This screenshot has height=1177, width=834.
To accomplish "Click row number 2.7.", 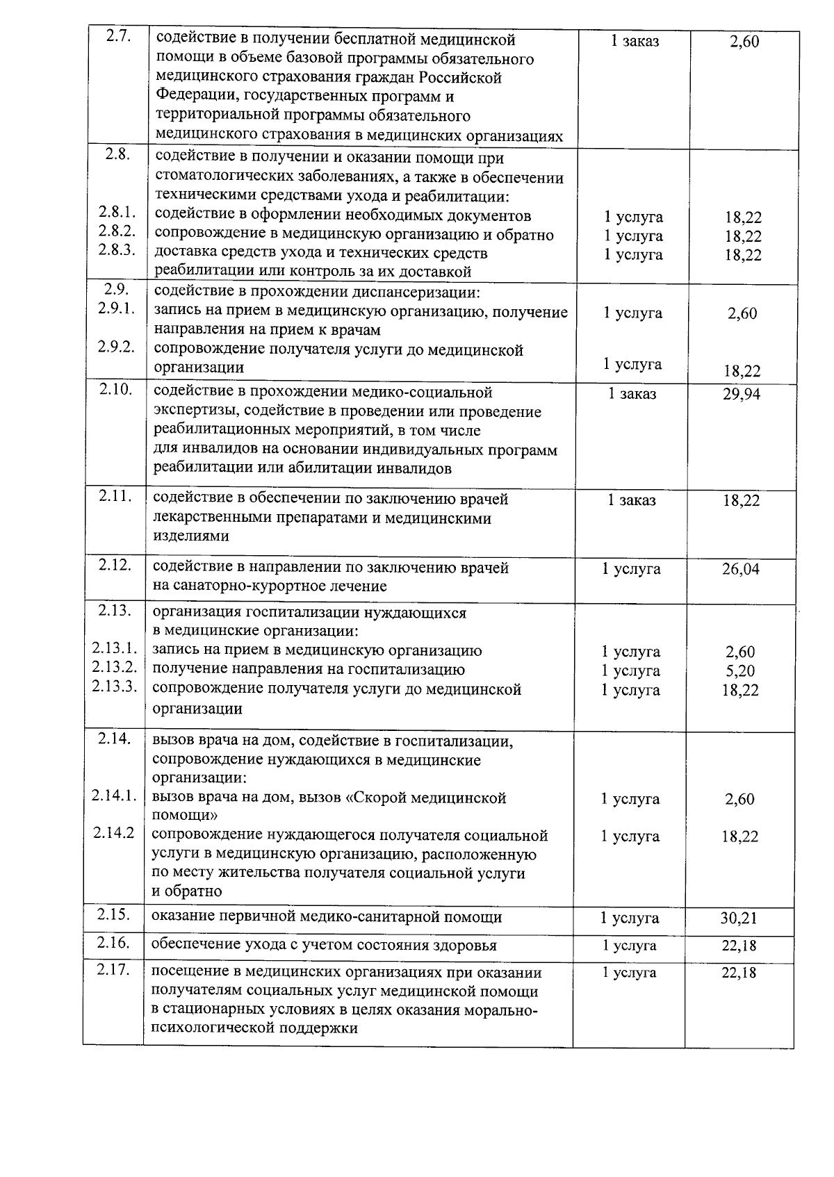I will point(118,37).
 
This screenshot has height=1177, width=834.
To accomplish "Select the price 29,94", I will point(741,395).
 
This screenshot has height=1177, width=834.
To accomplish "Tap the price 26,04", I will point(740,569).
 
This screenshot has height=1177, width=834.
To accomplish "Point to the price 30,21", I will point(739,919).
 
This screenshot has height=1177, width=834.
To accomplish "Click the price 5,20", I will point(740,671).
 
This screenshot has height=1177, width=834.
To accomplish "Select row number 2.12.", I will point(115,566).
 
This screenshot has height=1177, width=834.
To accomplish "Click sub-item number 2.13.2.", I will point(114,668).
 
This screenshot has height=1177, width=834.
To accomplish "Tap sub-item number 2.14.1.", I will point(114,796).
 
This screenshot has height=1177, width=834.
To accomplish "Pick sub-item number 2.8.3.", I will point(116,251).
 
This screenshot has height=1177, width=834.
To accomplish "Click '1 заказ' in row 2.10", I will point(632,394).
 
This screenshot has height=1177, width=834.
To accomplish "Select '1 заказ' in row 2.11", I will point(631,500).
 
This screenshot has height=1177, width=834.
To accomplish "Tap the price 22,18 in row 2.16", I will point(739,946).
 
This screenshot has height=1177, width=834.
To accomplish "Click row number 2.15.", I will point(114,915).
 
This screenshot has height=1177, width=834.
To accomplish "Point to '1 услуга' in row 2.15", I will point(630,919).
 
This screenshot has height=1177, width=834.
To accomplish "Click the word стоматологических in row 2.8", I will point(222,178).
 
